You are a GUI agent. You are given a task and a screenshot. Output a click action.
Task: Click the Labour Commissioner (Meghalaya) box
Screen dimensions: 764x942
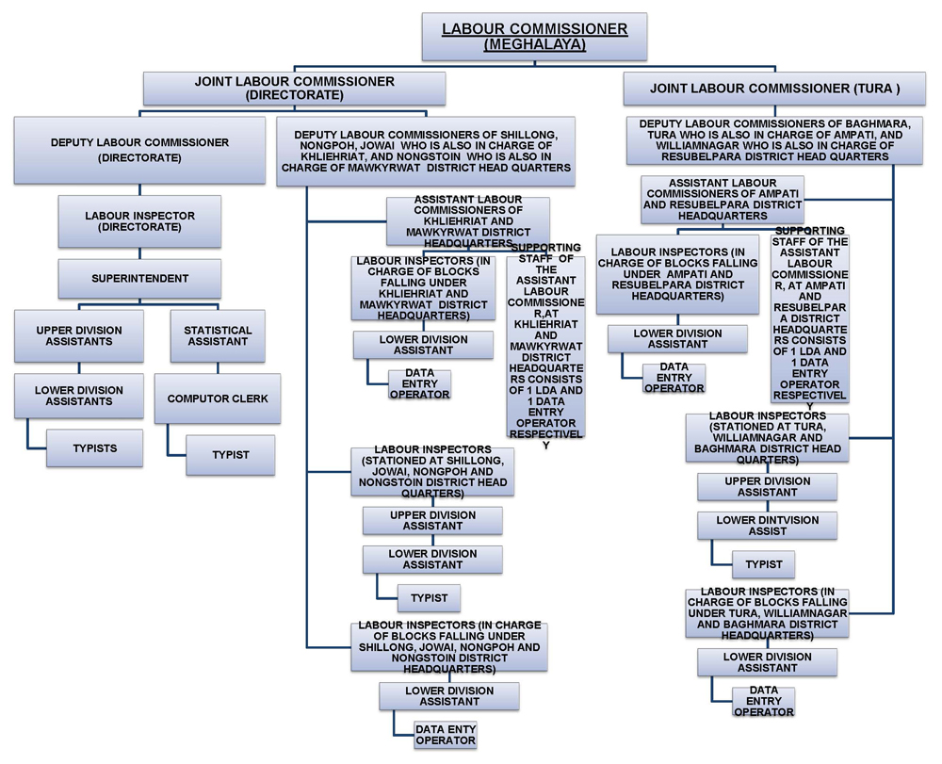pyautogui.click(x=534, y=36)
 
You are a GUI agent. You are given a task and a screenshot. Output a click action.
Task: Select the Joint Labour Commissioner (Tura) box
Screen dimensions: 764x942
pyautogui.click(x=774, y=89)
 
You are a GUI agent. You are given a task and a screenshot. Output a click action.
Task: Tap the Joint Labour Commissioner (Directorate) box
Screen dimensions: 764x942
pyautogui.click(x=294, y=89)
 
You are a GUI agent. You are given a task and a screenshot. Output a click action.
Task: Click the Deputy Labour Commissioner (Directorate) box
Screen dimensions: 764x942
pyautogui.click(x=139, y=150)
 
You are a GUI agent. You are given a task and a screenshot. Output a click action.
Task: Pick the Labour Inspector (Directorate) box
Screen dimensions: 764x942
pyautogui.click(x=139, y=221)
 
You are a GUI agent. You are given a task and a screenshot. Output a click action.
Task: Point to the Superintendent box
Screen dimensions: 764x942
pyautogui.click(x=139, y=279)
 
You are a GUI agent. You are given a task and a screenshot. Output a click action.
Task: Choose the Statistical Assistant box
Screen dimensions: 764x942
pyautogui.click(x=217, y=336)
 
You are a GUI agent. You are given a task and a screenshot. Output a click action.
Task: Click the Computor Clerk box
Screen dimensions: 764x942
pyautogui.click(x=217, y=398)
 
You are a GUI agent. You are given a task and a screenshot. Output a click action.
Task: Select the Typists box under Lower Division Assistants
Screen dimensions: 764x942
pyautogui.click(x=94, y=448)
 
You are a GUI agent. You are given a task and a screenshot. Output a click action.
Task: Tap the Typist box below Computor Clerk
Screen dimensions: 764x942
pyautogui.click(x=230, y=455)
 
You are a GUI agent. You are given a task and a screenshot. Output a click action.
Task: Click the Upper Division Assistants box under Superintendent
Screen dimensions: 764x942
pyautogui.click(x=79, y=336)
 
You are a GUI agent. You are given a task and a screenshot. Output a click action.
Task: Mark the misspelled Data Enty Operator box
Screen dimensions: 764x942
pyautogui.click(x=446, y=735)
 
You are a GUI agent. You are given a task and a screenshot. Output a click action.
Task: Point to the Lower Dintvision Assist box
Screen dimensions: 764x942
pyautogui.click(x=767, y=526)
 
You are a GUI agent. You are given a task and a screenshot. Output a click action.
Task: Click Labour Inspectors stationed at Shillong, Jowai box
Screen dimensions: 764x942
pyautogui.click(x=432, y=472)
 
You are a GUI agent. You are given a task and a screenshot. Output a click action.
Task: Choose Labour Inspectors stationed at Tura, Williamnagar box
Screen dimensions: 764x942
pyautogui.click(x=767, y=438)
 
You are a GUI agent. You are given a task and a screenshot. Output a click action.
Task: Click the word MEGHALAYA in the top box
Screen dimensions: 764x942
pyautogui.click(x=534, y=44)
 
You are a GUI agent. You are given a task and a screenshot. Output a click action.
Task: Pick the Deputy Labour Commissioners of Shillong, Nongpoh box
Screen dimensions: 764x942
pyautogui.click(x=425, y=151)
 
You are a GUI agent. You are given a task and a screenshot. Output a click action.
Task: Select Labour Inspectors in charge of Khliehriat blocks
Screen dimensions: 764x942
pyautogui.click(x=423, y=288)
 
